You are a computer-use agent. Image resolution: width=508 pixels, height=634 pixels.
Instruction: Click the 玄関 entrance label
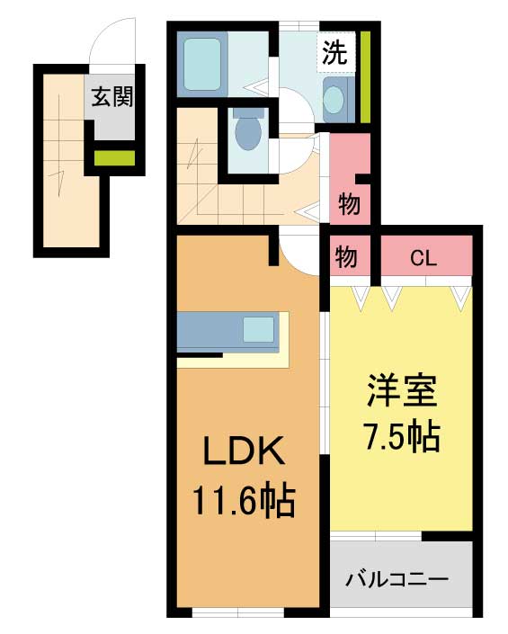coord(112,97)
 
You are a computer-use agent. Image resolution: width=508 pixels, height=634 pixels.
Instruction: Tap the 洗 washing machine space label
coord(334,53)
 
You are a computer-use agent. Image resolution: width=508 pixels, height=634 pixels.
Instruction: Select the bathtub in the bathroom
coord(202,65)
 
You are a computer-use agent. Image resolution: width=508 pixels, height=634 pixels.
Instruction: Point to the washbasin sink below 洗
coord(334,100)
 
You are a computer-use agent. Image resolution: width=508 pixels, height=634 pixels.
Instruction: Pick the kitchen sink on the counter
coord(259,329)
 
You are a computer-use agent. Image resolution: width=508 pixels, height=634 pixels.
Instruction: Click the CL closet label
coord(423,258)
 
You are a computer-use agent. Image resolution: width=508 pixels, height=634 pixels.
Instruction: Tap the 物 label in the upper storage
coord(349,204)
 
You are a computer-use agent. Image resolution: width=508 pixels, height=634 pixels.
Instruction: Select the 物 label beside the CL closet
coord(346,257)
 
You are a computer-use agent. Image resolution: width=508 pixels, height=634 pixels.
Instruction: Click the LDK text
coord(244,451)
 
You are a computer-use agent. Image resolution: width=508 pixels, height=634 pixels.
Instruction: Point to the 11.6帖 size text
coord(245,501)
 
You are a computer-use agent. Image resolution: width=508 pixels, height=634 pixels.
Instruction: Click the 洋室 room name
coord(402,391)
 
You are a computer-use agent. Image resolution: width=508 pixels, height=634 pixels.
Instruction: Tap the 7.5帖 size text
coord(402,435)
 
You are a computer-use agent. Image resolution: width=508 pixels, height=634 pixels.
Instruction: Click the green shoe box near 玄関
coord(114,157)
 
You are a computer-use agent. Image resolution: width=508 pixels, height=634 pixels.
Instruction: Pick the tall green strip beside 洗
coord(365,76)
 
